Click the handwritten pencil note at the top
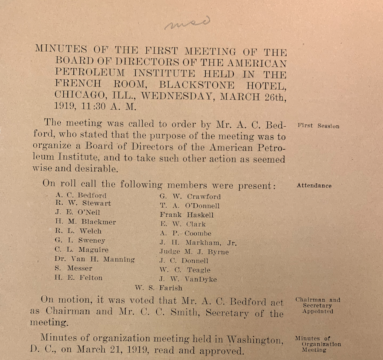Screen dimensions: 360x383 coord(187,23)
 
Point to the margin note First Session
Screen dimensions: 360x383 coord(318,126)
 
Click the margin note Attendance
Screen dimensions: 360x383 coord(314,186)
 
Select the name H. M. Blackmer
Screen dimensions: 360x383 coord(85,222)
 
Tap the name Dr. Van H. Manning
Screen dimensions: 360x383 coord(94,259)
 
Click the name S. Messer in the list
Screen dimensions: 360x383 coord(73,269)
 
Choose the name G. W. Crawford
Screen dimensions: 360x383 coord(190,197)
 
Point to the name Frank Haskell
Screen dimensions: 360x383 coord(187,215)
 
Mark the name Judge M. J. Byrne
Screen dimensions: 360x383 coord(194,252)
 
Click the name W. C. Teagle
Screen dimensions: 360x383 coord(185,270)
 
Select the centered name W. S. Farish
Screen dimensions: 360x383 coord(159,287)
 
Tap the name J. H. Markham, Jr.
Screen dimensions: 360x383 coord(198,243)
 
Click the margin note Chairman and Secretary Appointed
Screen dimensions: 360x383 coord(317,306)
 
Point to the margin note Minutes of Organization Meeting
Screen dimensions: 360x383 coord(317,344)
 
